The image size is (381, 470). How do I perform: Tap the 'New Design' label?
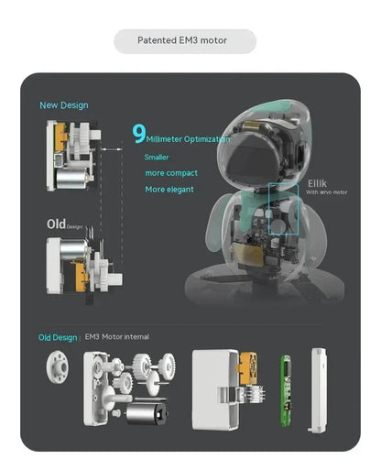(x=63, y=105)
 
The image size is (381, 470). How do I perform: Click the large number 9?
(x=138, y=136)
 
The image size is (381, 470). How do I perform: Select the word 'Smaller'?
(x=157, y=158)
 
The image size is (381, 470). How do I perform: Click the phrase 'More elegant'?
(x=169, y=190)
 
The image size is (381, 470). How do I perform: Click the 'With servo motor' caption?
(x=326, y=191)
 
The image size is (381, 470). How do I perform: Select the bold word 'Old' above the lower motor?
(x=55, y=224)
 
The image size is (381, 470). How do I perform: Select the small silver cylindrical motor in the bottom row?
(x=143, y=414)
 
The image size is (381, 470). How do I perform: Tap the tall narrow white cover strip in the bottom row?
(x=319, y=389)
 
